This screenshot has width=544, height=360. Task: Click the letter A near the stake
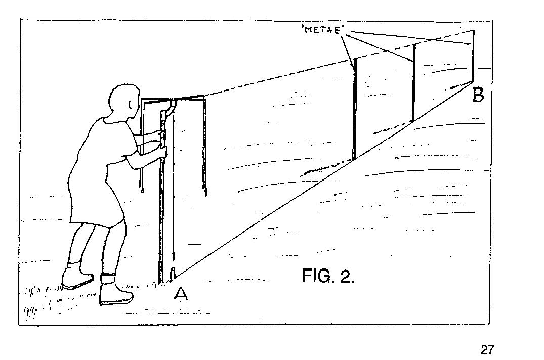click(181, 294)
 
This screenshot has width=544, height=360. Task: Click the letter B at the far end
click(478, 95)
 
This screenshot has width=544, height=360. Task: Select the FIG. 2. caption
click(328, 276)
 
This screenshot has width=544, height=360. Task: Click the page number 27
click(486, 349)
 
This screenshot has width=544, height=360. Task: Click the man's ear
click(130, 104)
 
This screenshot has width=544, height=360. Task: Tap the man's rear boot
click(77, 275)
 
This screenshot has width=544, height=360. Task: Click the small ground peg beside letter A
click(173, 273)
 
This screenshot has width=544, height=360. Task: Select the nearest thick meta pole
click(354, 110)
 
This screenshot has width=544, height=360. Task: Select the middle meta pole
click(413, 82)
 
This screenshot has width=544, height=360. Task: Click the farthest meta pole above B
click(473, 56)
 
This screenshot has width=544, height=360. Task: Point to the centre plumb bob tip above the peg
click(173, 256)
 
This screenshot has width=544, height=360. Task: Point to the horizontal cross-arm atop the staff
click(174, 99)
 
